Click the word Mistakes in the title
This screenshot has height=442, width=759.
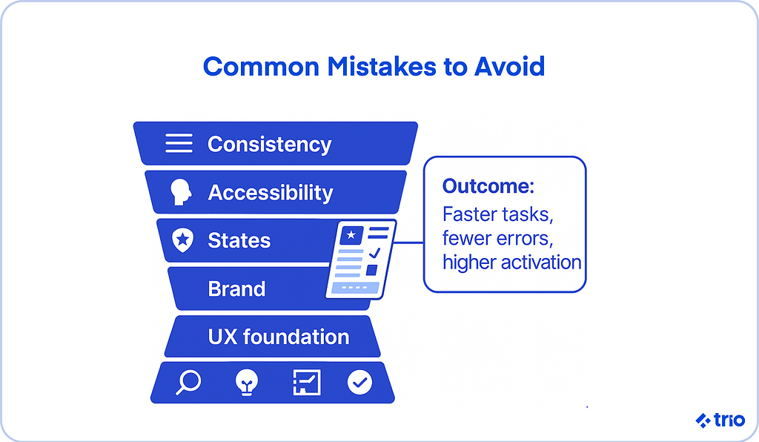[382, 66]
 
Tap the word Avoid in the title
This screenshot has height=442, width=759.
[509, 66]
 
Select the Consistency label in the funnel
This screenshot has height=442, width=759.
[270, 145]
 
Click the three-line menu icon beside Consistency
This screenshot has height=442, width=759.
[179, 143]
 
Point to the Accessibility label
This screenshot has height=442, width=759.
[271, 193]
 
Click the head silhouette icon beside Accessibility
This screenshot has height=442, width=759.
[181, 192]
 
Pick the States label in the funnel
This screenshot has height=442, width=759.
[239, 240]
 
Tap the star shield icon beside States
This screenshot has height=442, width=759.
[182, 240]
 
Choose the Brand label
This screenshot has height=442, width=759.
[236, 289]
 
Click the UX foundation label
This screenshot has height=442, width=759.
[279, 337]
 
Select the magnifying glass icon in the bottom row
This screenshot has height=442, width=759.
[188, 383]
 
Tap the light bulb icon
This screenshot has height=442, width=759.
[247, 383]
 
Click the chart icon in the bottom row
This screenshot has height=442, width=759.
[307, 383]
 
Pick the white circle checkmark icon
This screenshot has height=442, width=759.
[359, 383]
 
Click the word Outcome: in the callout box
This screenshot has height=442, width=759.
[488, 186]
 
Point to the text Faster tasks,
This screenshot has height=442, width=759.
[497, 214]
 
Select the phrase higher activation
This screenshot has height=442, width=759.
[511, 263]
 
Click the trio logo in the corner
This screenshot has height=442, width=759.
[720, 420]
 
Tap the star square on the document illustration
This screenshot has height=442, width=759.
[351, 235]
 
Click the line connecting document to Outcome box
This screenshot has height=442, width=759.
[409, 242]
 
